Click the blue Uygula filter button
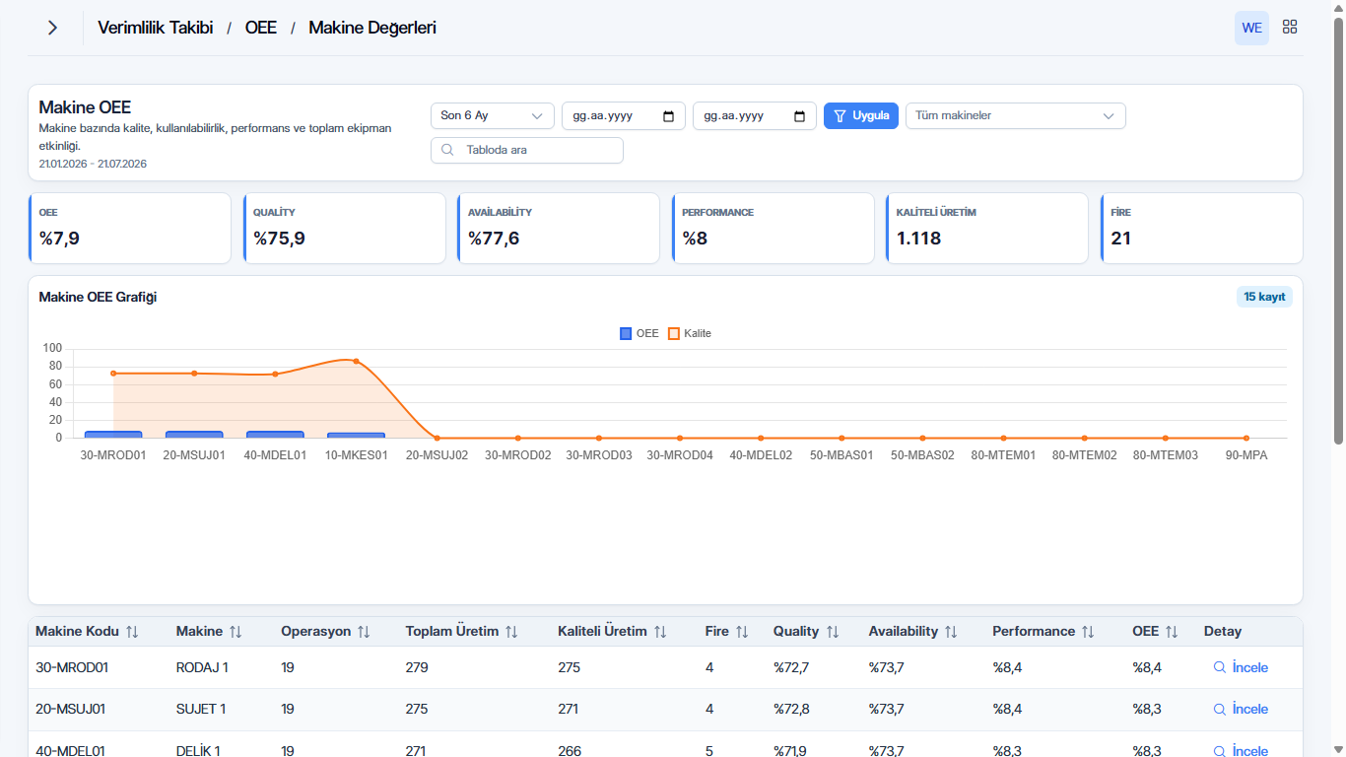tap(860, 115)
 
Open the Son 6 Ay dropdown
tap(492, 115)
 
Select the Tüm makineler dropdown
tap(1016, 115)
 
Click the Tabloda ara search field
tap(527, 150)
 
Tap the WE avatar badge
tap(1251, 28)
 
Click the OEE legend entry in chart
tap(639, 333)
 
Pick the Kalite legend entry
tap(689, 333)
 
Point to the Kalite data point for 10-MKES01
tap(357, 362)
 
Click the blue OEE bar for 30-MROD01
tap(113, 434)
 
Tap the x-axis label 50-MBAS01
tap(841, 455)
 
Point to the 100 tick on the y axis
tap(52, 348)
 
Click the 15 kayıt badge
tap(1264, 297)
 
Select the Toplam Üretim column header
tap(452, 631)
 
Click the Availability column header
tap(904, 631)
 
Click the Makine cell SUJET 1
tap(201, 709)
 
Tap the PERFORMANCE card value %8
tap(695, 239)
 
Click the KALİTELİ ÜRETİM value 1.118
tap(918, 239)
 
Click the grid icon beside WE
tap(1290, 27)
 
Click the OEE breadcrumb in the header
tap(261, 28)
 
